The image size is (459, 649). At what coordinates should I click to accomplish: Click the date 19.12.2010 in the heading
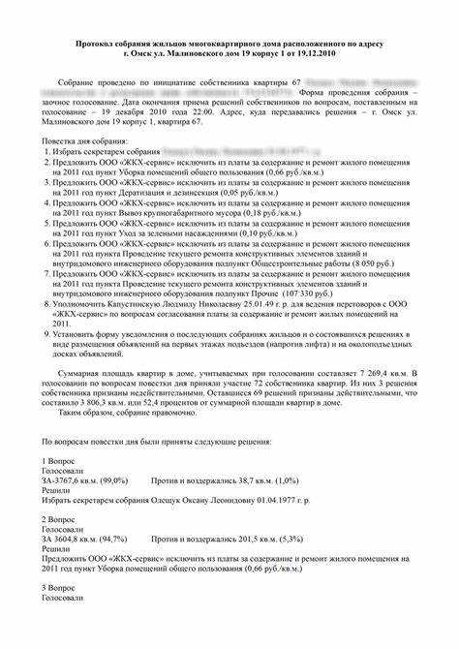tap(309, 55)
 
